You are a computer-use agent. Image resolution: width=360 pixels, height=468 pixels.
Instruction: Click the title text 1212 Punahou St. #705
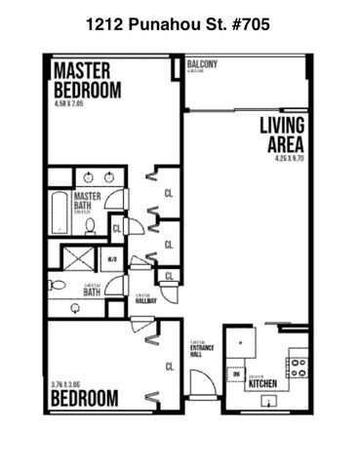(180, 20)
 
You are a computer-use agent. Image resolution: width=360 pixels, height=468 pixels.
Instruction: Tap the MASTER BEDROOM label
(86, 80)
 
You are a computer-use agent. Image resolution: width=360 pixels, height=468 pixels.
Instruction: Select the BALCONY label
(202, 65)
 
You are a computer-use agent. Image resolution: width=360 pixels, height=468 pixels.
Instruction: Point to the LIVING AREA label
(283, 136)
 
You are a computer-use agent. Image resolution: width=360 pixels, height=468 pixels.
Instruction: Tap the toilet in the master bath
(90, 224)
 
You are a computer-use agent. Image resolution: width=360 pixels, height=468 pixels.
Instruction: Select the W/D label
(112, 259)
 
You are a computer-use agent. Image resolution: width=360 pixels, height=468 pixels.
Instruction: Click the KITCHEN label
(264, 383)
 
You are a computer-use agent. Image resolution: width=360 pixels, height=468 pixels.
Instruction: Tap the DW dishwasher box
(237, 374)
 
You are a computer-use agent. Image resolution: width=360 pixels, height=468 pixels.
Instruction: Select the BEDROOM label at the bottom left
(85, 398)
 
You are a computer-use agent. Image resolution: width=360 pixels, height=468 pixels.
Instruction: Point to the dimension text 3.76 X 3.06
(65, 384)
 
